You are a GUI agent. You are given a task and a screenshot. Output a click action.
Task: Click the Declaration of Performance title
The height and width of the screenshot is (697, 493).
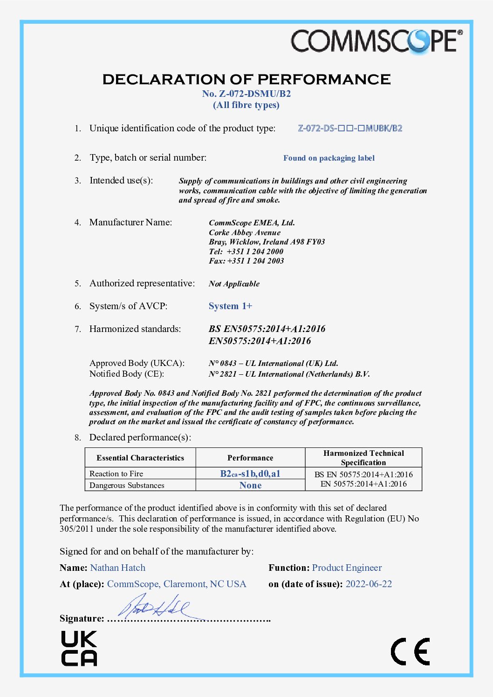(x=246, y=79)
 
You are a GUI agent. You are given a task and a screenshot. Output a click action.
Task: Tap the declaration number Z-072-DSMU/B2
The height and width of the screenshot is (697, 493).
(x=246, y=94)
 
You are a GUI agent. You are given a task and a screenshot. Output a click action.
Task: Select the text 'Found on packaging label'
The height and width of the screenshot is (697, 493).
(x=329, y=158)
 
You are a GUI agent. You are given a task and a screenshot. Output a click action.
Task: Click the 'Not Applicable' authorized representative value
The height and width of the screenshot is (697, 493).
(x=234, y=284)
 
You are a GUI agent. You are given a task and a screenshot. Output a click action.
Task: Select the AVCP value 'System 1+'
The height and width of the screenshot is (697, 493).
(x=230, y=306)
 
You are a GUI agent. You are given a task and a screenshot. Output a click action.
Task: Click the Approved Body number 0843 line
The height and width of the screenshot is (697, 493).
(x=273, y=363)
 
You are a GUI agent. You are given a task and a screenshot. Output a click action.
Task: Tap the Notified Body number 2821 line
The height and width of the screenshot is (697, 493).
(x=289, y=374)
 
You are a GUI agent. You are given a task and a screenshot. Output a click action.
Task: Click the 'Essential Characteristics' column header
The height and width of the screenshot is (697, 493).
(x=140, y=458)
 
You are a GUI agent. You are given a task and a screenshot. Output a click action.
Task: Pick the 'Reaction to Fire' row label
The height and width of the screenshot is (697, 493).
(x=116, y=474)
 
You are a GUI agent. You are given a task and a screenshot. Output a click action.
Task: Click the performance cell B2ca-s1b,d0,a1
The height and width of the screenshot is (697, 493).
(x=250, y=474)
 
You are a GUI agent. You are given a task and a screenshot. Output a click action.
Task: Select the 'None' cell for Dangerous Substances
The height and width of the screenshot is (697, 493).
(x=250, y=485)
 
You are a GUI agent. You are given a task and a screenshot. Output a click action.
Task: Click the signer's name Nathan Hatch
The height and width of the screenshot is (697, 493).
(x=118, y=568)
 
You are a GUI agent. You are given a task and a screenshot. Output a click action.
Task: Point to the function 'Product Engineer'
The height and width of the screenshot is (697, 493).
(x=347, y=568)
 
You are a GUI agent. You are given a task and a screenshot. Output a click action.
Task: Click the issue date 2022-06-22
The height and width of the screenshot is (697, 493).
(x=369, y=584)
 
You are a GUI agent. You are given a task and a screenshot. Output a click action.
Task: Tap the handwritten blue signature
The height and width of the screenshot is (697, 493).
(x=154, y=607)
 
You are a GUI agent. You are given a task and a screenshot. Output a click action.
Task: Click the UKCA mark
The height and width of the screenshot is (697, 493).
(x=79, y=648)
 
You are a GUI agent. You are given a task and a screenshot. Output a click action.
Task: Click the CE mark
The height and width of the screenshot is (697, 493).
(x=410, y=651)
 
